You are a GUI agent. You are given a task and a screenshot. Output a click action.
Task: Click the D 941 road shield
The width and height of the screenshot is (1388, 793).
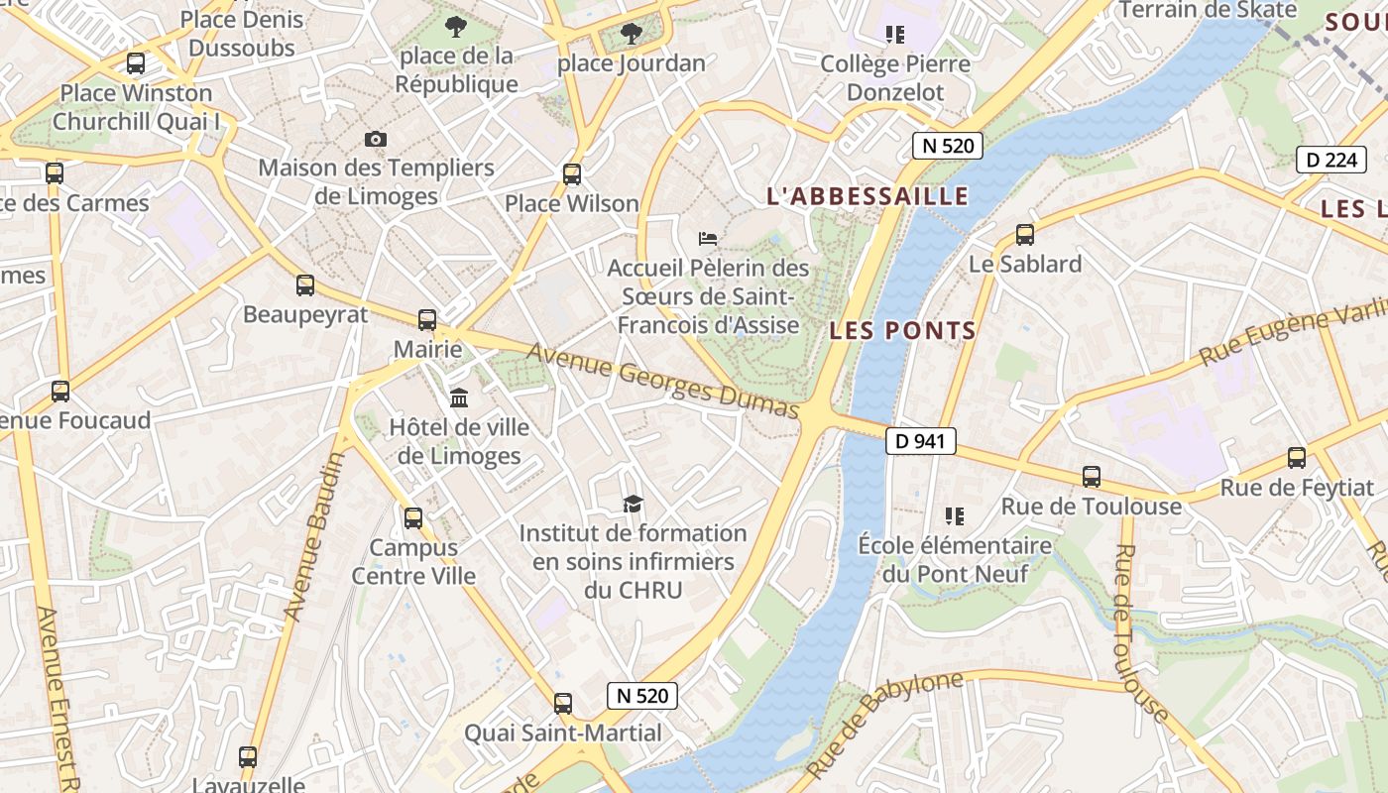(920, 441)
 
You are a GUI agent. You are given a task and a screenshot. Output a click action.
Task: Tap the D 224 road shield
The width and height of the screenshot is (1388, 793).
(1330, 159)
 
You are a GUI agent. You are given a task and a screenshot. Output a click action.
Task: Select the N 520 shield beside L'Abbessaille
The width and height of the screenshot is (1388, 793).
(947, 146)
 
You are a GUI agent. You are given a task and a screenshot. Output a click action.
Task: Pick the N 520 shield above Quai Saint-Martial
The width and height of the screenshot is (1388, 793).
(642, 696)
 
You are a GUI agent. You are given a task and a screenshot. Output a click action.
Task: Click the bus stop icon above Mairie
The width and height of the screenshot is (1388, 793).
(427, 320)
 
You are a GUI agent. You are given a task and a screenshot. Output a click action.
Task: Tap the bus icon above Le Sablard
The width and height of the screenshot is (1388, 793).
(1025, 235)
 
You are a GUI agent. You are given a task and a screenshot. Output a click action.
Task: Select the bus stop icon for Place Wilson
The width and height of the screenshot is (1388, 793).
(572, 174)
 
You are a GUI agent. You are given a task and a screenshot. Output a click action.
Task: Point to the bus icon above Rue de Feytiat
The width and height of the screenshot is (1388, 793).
(1297, 458)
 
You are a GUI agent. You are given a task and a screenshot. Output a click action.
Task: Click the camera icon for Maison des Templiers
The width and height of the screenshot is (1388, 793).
(376, 139)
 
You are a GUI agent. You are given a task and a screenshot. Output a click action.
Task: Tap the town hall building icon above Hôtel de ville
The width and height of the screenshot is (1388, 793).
(459, 398)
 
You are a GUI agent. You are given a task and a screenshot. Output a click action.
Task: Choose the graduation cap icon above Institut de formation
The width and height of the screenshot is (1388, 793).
(633, 505)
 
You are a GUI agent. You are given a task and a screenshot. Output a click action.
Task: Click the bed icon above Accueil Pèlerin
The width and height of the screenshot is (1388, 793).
(708, 239)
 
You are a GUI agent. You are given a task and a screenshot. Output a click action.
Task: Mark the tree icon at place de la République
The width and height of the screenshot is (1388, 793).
(456, 27)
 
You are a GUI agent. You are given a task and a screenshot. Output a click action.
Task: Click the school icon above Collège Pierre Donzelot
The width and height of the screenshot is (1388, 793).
(895, 35)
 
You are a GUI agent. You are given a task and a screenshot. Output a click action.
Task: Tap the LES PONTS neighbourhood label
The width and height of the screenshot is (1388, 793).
(902, 331)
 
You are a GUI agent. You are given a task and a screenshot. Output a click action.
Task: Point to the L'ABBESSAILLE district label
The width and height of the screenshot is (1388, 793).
(867, 196)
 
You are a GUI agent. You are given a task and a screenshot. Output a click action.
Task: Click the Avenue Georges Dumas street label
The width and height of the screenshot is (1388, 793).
(662, 381)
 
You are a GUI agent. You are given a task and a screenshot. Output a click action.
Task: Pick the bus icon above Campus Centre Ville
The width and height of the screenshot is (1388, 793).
(413, 517)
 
